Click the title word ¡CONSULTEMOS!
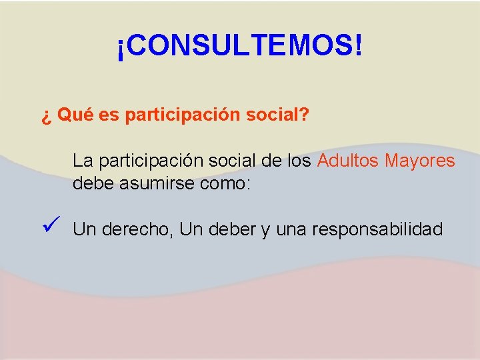point(240,47)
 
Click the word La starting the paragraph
point(82,161)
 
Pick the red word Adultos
point(348,161)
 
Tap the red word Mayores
point(420,161)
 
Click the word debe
point(93,183)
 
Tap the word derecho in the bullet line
point(135,229)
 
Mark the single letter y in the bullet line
point(265,231)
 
